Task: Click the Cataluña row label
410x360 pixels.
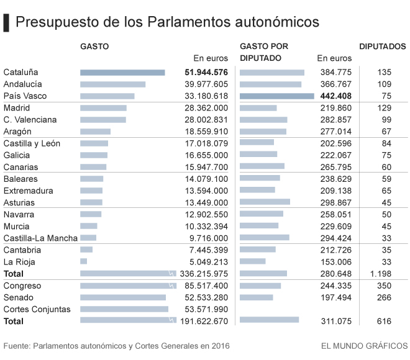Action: [20, 73]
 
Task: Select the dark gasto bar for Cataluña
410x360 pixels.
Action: [122, 73]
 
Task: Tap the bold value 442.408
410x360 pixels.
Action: [335, 96]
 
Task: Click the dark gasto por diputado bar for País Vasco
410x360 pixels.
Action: [276, 96]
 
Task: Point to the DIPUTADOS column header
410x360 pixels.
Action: [383, 47]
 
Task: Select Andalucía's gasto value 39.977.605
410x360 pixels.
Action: [206, 84]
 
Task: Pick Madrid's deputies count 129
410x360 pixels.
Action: [384, 108]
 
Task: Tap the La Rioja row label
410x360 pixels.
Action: [19, 262]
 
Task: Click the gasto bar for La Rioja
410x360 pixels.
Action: [83, 262]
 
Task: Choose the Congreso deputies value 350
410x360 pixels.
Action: [384, 286]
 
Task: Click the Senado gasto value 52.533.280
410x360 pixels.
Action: [206, 297]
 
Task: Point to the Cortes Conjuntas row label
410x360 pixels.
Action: [37, 309]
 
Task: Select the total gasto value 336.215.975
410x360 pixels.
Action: [204, 274]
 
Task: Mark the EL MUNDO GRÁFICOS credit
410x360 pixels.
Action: [364, 346]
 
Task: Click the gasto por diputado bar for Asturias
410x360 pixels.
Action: [265, 202]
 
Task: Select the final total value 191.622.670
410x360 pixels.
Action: [204, 321]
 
